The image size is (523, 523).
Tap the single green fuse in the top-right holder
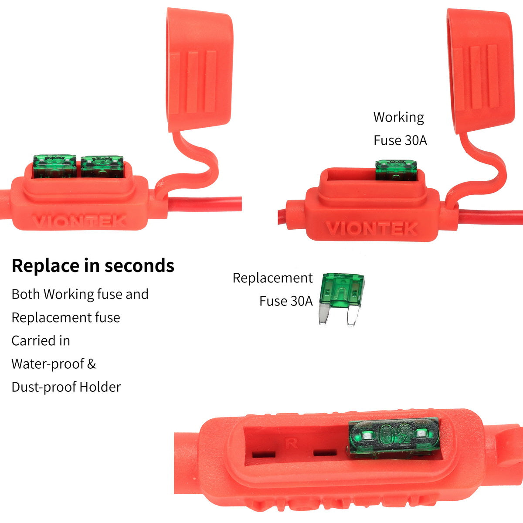(x=396, y=170)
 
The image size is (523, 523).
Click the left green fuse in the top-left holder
(x=54, y=166)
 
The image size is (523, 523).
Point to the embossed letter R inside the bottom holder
(x=291, y=444)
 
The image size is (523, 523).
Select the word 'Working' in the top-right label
(x=398, y=117)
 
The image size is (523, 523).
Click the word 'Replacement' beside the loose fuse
(x=272, y=278)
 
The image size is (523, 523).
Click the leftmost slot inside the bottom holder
(x=264, y=454)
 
